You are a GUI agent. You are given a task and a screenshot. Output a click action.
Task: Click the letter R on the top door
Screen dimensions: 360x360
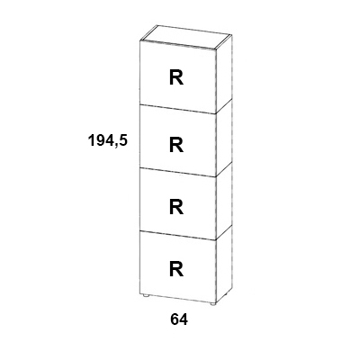pos(176,77)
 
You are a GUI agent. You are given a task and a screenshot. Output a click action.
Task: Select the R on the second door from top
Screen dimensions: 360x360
pos(176,145)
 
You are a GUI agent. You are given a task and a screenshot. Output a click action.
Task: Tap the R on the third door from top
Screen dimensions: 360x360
pos(176,207)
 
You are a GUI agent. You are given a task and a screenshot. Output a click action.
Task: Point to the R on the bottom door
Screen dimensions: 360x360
pos(176,269)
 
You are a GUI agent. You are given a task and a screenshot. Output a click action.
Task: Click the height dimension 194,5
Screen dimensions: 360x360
pos(108,140)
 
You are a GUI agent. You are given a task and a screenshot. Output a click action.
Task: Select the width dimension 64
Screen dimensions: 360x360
pos(179,319)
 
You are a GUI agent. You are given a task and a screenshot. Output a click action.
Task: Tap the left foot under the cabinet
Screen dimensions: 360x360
pos(146,296)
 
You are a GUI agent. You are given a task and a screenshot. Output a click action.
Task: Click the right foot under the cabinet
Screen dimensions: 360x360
pos(212,304)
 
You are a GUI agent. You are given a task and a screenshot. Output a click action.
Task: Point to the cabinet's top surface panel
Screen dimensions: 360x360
pos(186,37)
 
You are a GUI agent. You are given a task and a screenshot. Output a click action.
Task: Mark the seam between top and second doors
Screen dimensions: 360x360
pos(178,109)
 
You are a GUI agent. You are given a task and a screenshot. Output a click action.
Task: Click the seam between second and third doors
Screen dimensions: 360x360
pos(178,172)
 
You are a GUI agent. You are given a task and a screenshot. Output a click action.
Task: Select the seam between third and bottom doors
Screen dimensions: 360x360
pos(178,235)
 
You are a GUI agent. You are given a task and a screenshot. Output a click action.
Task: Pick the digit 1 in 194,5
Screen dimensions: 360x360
pos(91,140)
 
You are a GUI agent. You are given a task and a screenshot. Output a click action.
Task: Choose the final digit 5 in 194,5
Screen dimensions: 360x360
pos(123,140)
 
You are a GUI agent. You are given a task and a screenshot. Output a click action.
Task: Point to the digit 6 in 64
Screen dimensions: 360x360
pos(175,319)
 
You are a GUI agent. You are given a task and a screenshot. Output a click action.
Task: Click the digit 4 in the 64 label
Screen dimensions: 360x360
pos(184,319)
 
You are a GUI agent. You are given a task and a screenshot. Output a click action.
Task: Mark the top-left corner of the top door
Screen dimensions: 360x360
pos(140,40)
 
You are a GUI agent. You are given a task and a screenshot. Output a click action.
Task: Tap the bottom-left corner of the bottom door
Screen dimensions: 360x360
pos(140,293)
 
